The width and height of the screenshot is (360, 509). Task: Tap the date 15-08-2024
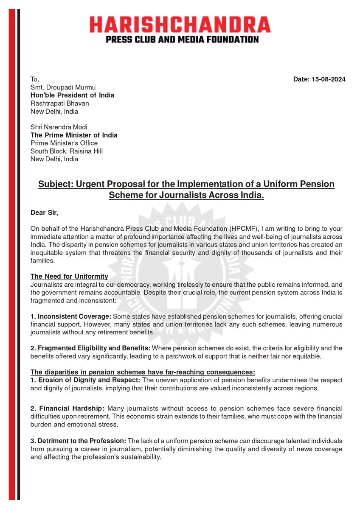[x=319, y=79]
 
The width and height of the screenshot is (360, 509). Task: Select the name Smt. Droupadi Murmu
[x=63, y=87]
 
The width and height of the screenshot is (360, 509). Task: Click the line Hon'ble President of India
[x=72, y=95]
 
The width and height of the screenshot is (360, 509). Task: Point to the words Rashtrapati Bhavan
[x=59, y=103]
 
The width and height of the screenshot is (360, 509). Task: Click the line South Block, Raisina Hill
[x=66, y=151]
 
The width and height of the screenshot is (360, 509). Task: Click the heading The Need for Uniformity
[x=69, y=277]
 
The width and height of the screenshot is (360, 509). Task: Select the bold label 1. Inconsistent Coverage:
[x=71, y=317]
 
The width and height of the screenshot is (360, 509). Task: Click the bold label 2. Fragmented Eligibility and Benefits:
[x=90, y=348]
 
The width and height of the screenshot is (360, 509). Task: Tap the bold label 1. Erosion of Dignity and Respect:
[x=85, y=380]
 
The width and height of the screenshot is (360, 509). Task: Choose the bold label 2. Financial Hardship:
[x=67, y=408]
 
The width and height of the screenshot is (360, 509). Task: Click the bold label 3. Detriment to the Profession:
[x=78, y=441]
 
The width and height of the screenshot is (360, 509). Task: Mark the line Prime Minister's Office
[x=64, y=143]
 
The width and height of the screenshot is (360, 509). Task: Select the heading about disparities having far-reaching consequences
[x=143, y=372]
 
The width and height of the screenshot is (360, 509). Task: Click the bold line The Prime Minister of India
[x=74, y=135]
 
